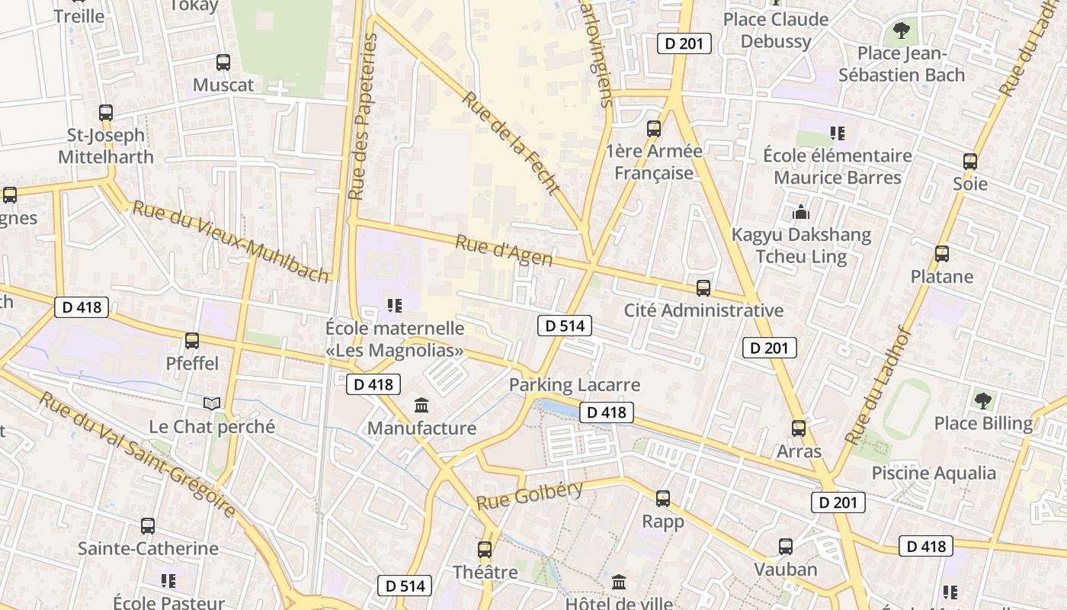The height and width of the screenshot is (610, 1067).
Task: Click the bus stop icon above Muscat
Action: (x=223, y=63)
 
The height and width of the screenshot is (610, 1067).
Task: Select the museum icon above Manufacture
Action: (x=421, y=406)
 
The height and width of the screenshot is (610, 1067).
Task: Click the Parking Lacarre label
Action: (x=575, y=384)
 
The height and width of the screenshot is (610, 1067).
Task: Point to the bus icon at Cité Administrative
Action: (x=703, y=288)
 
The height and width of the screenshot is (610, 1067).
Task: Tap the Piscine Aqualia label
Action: (x=934, y=473)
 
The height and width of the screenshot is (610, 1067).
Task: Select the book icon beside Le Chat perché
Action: (x=212, y=403)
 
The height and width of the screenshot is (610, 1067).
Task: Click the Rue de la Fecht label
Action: (x=511, y=143)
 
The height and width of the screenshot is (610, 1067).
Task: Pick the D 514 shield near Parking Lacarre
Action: (x=565, y=326)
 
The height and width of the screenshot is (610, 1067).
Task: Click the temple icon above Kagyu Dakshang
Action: (x=800, y=212)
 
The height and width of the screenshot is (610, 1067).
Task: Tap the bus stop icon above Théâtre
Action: (x=485, y=550)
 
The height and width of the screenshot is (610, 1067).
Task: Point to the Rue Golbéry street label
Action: (x=530, y=496)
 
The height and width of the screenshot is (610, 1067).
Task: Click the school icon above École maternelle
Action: (x=394, y=306)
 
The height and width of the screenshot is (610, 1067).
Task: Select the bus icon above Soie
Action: (x=970, y=162)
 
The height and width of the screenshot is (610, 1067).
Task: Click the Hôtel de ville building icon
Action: (x=619, y=583)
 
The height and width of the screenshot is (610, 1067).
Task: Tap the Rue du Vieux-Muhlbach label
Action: (x=231, y=241)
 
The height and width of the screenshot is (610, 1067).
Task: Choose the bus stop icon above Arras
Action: (x=799, y=429)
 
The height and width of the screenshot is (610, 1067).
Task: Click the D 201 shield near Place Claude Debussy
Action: (x=684, y=43)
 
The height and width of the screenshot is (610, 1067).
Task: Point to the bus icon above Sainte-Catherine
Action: (x=148, y=526)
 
